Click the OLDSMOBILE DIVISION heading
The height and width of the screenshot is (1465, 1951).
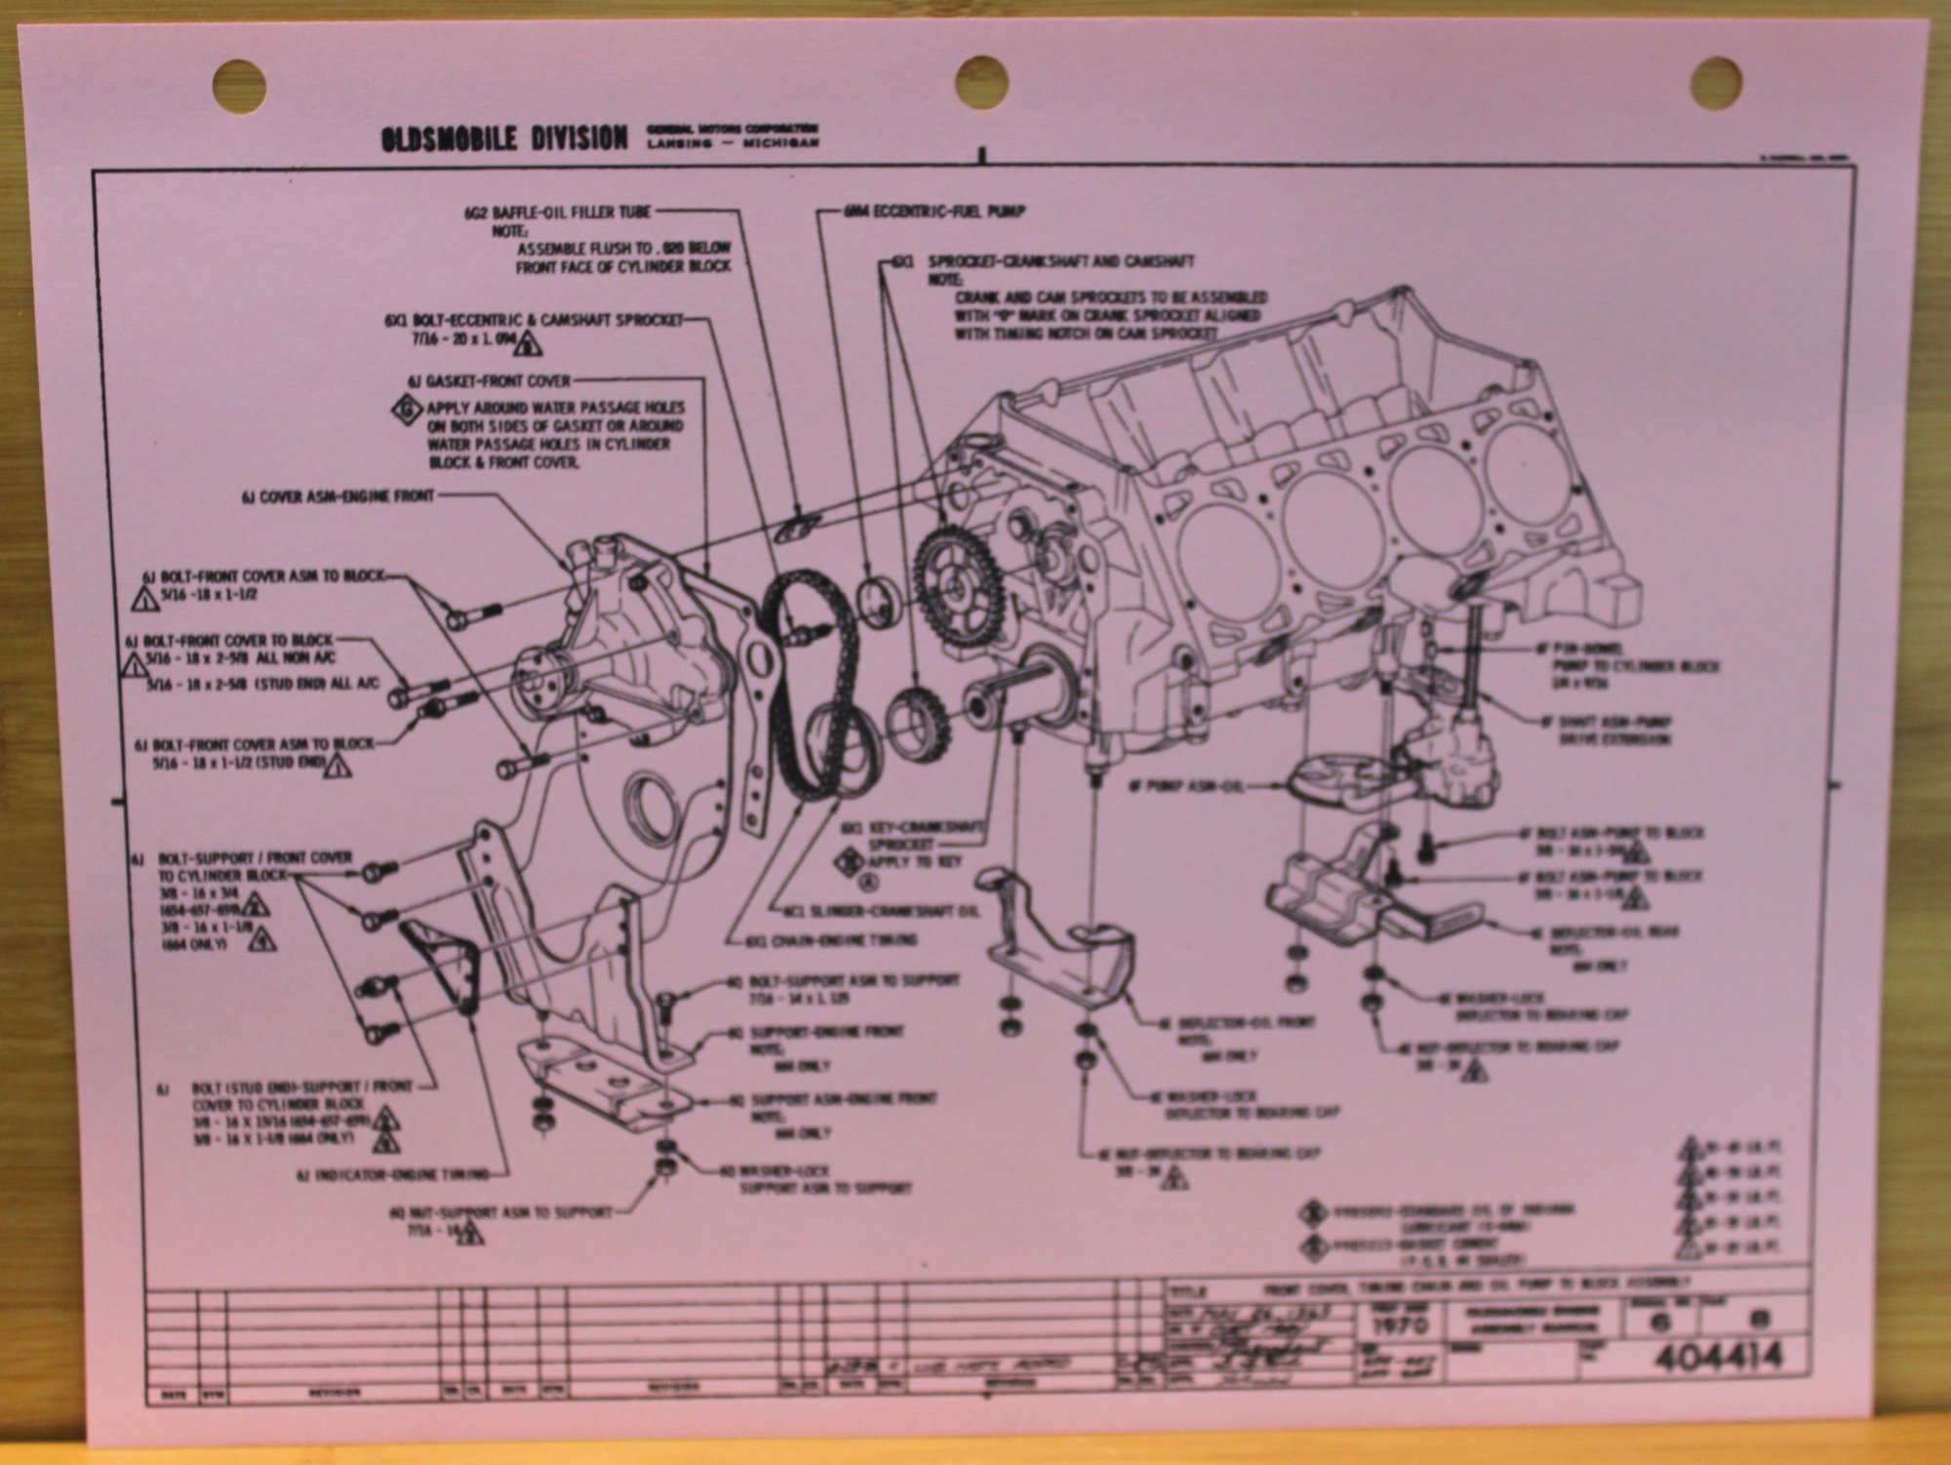[503, 139]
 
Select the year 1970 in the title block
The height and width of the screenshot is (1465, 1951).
[1399, 1326]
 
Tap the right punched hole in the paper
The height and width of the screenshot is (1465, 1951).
[1716, 81]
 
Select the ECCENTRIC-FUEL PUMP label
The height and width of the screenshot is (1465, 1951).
[935, 211]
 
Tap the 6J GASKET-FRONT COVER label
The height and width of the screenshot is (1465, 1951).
[489, 381]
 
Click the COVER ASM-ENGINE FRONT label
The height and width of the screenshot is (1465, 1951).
[338, 496]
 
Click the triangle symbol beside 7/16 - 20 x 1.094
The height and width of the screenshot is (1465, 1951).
[528, 344]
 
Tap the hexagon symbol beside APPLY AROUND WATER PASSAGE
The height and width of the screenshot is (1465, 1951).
[406, 410]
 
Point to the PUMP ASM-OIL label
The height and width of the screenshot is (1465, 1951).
[1185, 785]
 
